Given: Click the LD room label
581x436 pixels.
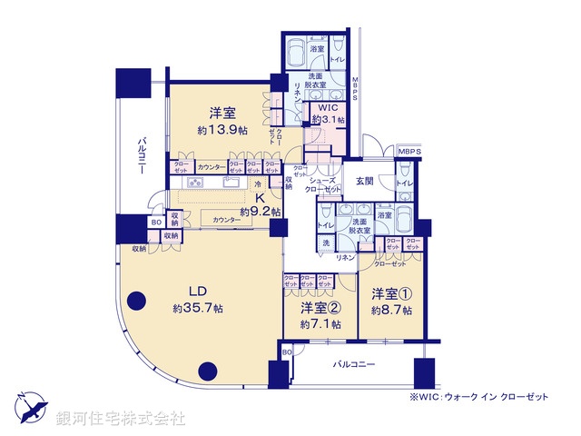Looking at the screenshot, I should click(x=198, y=292).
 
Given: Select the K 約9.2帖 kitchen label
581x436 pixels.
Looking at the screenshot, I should click(x=258, y=206).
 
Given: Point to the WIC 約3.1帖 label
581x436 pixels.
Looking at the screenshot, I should click(x=326, y=113).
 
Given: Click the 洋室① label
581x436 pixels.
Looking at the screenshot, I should click(x=391, y=294).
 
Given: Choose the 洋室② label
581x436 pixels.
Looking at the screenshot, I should click(x=321, y=310).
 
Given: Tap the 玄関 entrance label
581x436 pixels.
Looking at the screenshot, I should click(x=365, y=180).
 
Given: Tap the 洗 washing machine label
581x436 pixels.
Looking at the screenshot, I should click(x=324, y=243).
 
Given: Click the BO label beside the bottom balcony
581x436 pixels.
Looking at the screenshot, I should click(x=287, y=352).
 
